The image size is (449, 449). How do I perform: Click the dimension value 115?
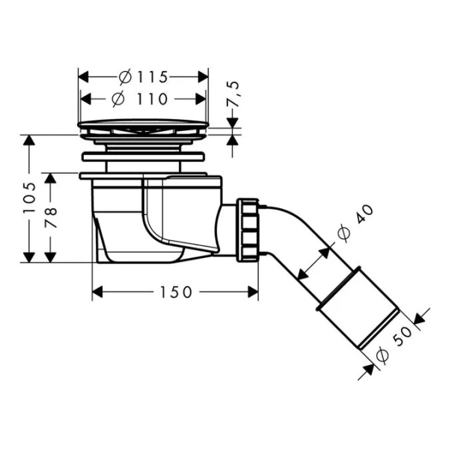click(x=153, y=76)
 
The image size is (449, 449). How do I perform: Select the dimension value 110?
click(x=153, y=99)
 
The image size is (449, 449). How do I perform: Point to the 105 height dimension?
click(x=29, y=198)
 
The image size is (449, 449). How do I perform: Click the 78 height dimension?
click(x=51, y=217)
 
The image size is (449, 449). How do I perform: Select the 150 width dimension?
click(x=175, y=292)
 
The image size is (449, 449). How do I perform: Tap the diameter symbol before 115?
click(x=126, y=76)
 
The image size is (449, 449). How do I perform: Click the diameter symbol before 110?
click(x=118, y=99)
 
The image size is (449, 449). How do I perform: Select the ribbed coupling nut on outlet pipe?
click(x=248, y=230)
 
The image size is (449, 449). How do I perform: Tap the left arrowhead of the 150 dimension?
click(x=97, y=292)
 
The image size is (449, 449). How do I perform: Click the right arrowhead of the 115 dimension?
click(x=203, y=76)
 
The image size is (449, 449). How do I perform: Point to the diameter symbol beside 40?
click(x=343, y=234)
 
